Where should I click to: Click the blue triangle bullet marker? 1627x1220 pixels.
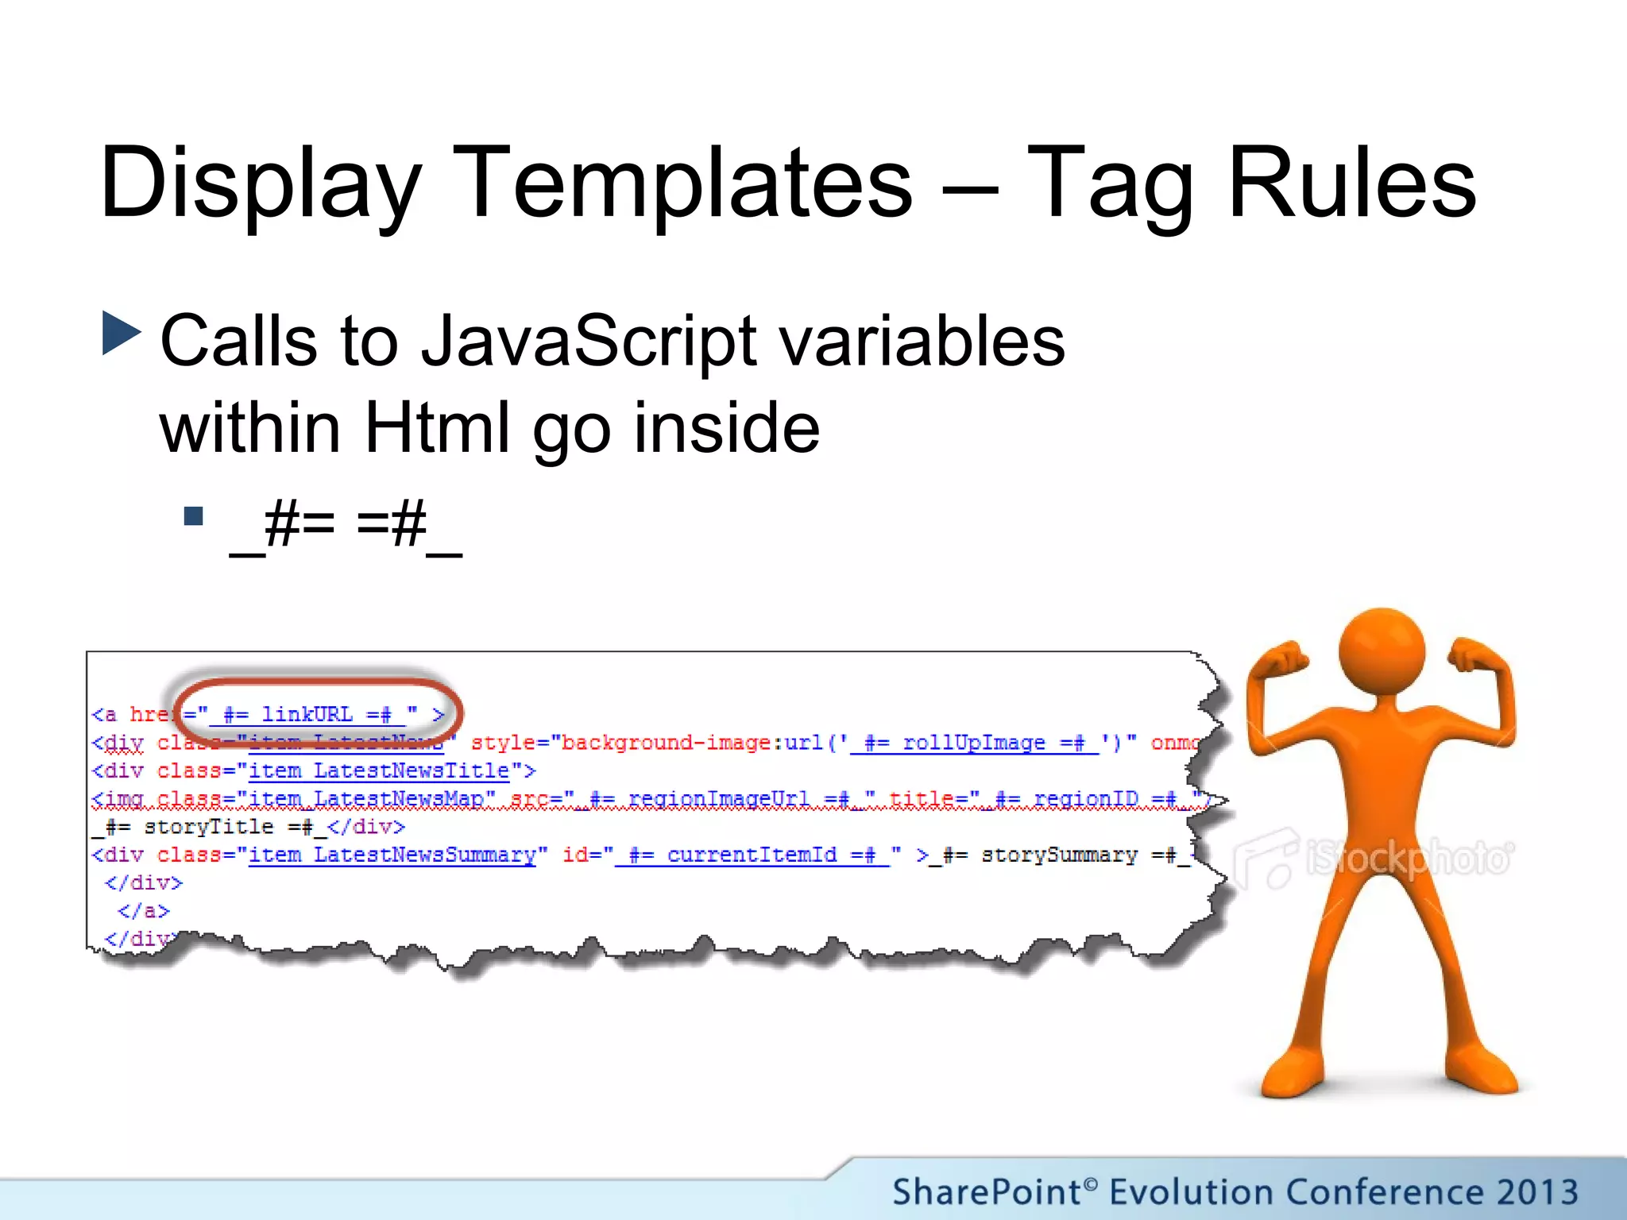pos(121,333)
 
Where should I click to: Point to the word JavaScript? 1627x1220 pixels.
pos(588,342)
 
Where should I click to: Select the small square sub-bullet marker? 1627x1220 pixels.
pos(193,517)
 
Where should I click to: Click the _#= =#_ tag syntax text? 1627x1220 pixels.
pos(346,526)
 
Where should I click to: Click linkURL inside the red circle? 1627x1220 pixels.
pos(307,714)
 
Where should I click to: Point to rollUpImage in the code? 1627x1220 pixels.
pos(973,743)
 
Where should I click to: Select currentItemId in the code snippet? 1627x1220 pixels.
pos(751,855)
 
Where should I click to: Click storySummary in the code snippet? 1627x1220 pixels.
pos(1058,855)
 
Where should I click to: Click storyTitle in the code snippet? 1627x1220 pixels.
pos(208,827)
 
